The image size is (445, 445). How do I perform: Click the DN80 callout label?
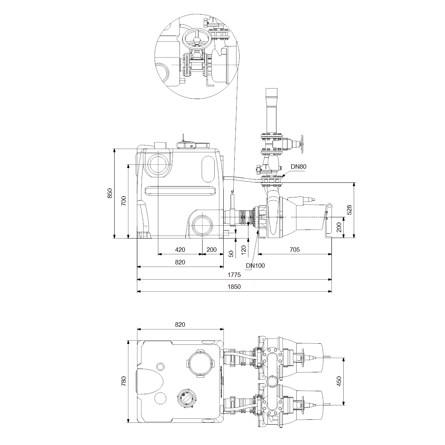click(299, 167)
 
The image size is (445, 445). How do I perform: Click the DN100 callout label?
click(255, 266)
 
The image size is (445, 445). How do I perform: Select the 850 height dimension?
click(110, 193)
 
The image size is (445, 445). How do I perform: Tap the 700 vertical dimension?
click(124, 201)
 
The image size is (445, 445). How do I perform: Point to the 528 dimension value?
click(349, 210)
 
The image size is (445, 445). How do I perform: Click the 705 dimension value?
click(295, 250)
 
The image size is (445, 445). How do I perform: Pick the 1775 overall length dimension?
click(234, 275)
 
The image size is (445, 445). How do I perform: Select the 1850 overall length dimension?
click(234, 287)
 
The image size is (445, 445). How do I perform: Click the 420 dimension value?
click(180, 250)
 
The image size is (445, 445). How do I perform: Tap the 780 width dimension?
click(124, 381)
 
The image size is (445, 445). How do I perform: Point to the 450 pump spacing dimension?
click(339, 381)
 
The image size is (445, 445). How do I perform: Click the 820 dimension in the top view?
click(180, 324)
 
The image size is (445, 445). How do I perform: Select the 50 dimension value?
click(231, 254)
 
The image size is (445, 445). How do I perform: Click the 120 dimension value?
click(244, 250)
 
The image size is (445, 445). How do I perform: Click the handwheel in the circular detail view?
click(197, 39)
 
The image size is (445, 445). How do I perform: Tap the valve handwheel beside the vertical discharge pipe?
click(302, 144)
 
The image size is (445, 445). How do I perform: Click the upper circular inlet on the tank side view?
click(158, 164)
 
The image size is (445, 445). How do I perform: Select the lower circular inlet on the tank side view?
click(202, 225)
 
